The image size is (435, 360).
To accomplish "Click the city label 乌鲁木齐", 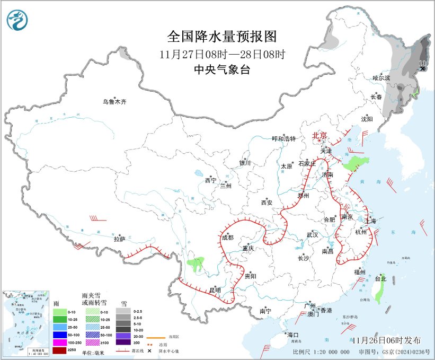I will point(115,102).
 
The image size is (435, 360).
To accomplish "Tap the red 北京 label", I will point(320,136).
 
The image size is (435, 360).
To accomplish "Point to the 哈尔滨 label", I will point(381,77).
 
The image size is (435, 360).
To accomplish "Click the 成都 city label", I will point(227,238).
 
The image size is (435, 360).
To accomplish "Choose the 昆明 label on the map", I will point(215,290).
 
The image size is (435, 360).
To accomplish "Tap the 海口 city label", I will point(293,335).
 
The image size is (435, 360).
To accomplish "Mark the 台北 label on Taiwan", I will point(380,278).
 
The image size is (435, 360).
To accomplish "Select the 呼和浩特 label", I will point(283,138).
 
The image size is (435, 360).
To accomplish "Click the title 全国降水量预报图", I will point(222,37).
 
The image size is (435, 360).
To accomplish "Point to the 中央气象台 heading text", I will point(222,69).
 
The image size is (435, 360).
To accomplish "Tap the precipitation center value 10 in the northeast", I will point(422,63).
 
